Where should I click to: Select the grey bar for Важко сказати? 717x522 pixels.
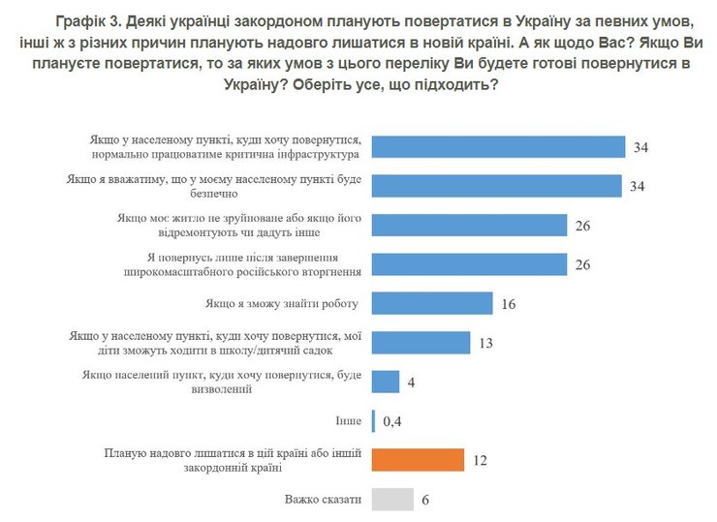pos(393,500)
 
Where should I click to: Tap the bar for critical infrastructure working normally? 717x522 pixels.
pos(498,146)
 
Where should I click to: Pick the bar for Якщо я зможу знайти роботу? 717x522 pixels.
pos(432,303)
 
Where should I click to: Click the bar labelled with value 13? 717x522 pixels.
pos(421,343)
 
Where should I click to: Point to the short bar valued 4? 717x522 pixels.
pos(386,382)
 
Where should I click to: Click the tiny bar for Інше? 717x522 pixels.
pos(373,421)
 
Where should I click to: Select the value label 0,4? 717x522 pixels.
pos(393,422)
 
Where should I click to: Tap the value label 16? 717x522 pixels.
pos(509,304)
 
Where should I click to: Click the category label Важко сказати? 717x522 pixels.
pos(323,500)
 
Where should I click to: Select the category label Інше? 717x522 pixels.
pos(349,421)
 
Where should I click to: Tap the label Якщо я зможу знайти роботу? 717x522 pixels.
pos(290,303)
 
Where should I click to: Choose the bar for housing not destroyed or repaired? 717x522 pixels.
pos(469,225)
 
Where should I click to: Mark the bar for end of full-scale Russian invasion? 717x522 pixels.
pos(469,264)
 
